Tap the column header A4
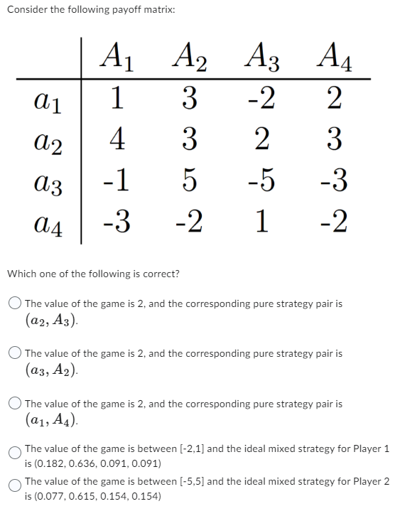coord(335,56)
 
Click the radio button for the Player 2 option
coord(15,483)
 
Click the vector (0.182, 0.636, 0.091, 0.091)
coord(97,463)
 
